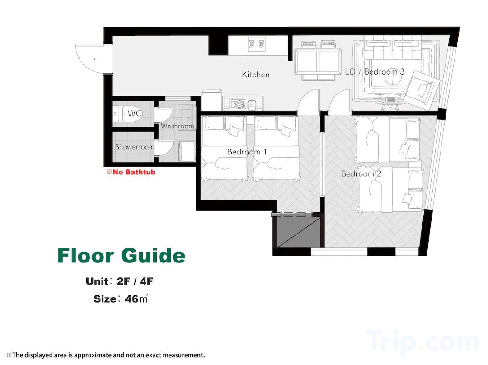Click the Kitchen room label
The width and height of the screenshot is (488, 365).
[255, 75]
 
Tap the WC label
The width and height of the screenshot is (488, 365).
[135, 113]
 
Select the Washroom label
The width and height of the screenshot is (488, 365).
[178, 126]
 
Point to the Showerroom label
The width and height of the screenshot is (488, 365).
[135, 147]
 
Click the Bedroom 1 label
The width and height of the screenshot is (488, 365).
[247, 152]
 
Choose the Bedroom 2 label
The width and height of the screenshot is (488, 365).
[361, 173]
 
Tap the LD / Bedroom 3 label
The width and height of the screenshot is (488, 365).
[375, 71]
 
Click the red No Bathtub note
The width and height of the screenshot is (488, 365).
[131, 172]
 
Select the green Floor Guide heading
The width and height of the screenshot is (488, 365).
[122, 256]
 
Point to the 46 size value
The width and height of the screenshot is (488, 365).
[131, 299]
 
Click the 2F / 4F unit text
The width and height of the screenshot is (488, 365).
[135, 281]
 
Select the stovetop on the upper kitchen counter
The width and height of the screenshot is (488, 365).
[257, 44]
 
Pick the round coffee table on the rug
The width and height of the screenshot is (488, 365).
[393, 80]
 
